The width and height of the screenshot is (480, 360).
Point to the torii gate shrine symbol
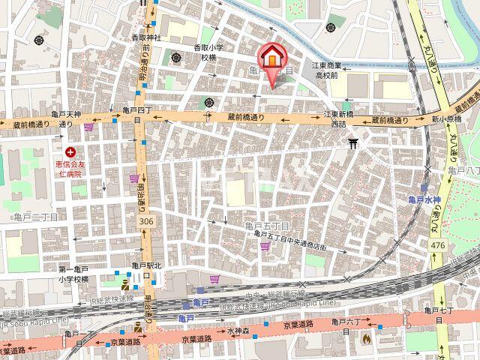click(354, 142)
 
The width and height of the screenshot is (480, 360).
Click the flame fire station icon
click(366, 338)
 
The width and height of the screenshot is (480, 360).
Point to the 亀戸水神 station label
click(424, 199)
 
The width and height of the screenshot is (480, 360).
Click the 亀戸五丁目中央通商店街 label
click(291, 240)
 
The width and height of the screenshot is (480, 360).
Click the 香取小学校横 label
click(205, 52)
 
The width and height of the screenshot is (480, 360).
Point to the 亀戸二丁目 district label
click(35, 217)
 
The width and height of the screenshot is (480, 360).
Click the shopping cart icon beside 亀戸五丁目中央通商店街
click(215, 278)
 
